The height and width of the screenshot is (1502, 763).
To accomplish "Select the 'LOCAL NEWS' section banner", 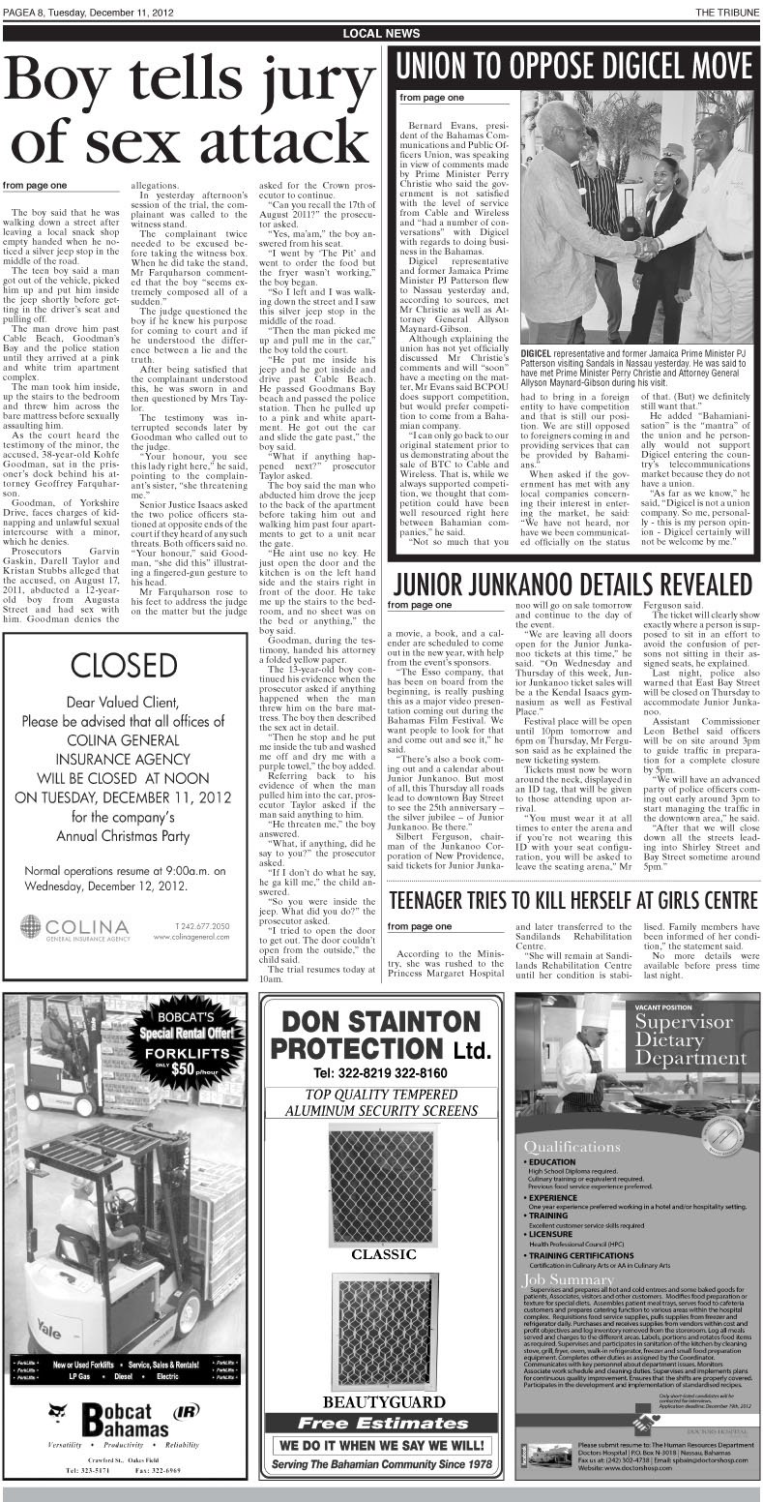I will pos(381,34).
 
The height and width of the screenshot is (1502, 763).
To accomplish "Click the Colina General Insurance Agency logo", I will pos(74,927).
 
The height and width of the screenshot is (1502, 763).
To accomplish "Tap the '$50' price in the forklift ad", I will pos(184,1069).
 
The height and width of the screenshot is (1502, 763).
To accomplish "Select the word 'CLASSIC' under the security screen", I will pos(383,1255).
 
